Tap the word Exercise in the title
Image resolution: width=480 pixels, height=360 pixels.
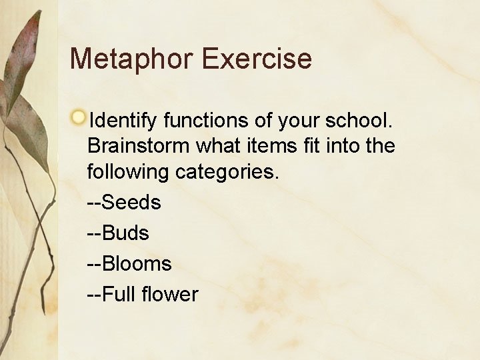pyautogui.click(x=257, y=59)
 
